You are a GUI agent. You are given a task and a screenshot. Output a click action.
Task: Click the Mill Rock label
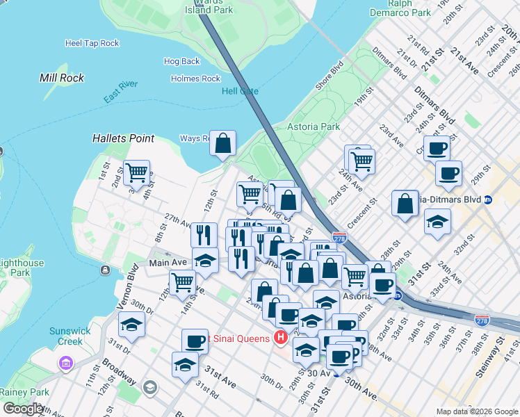(x=62, y=78)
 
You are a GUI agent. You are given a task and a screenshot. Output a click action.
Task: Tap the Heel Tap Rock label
(x=92, y=43)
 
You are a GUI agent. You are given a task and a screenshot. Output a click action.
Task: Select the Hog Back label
(x=181, y=61)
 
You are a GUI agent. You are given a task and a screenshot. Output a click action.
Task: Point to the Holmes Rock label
(x=195, y=79)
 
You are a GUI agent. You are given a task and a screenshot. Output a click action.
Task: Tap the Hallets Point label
(x=123, y=138)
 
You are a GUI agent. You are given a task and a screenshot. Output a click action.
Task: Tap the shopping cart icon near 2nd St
(x=137, y=172)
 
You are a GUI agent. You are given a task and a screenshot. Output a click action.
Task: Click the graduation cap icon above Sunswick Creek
(x=131, y=325)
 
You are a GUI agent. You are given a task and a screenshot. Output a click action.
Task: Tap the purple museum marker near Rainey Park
(x=66, y=363)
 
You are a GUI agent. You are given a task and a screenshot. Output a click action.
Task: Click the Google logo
(x=22, y=409)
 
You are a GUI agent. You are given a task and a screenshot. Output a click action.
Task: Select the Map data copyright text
(x=476, y=411)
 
